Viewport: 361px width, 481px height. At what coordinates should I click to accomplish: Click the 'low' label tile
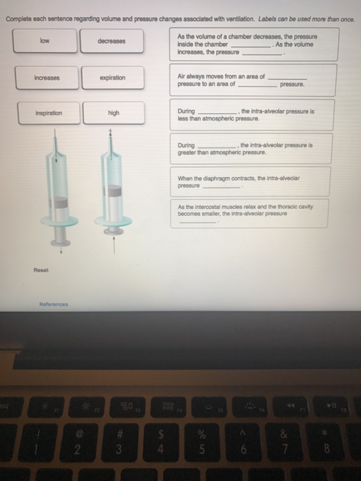[x=44, y=41]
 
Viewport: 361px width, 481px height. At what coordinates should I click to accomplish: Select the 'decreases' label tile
[x=111, y=41]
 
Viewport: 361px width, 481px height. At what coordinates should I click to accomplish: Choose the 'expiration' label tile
[x=111, y=78]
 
